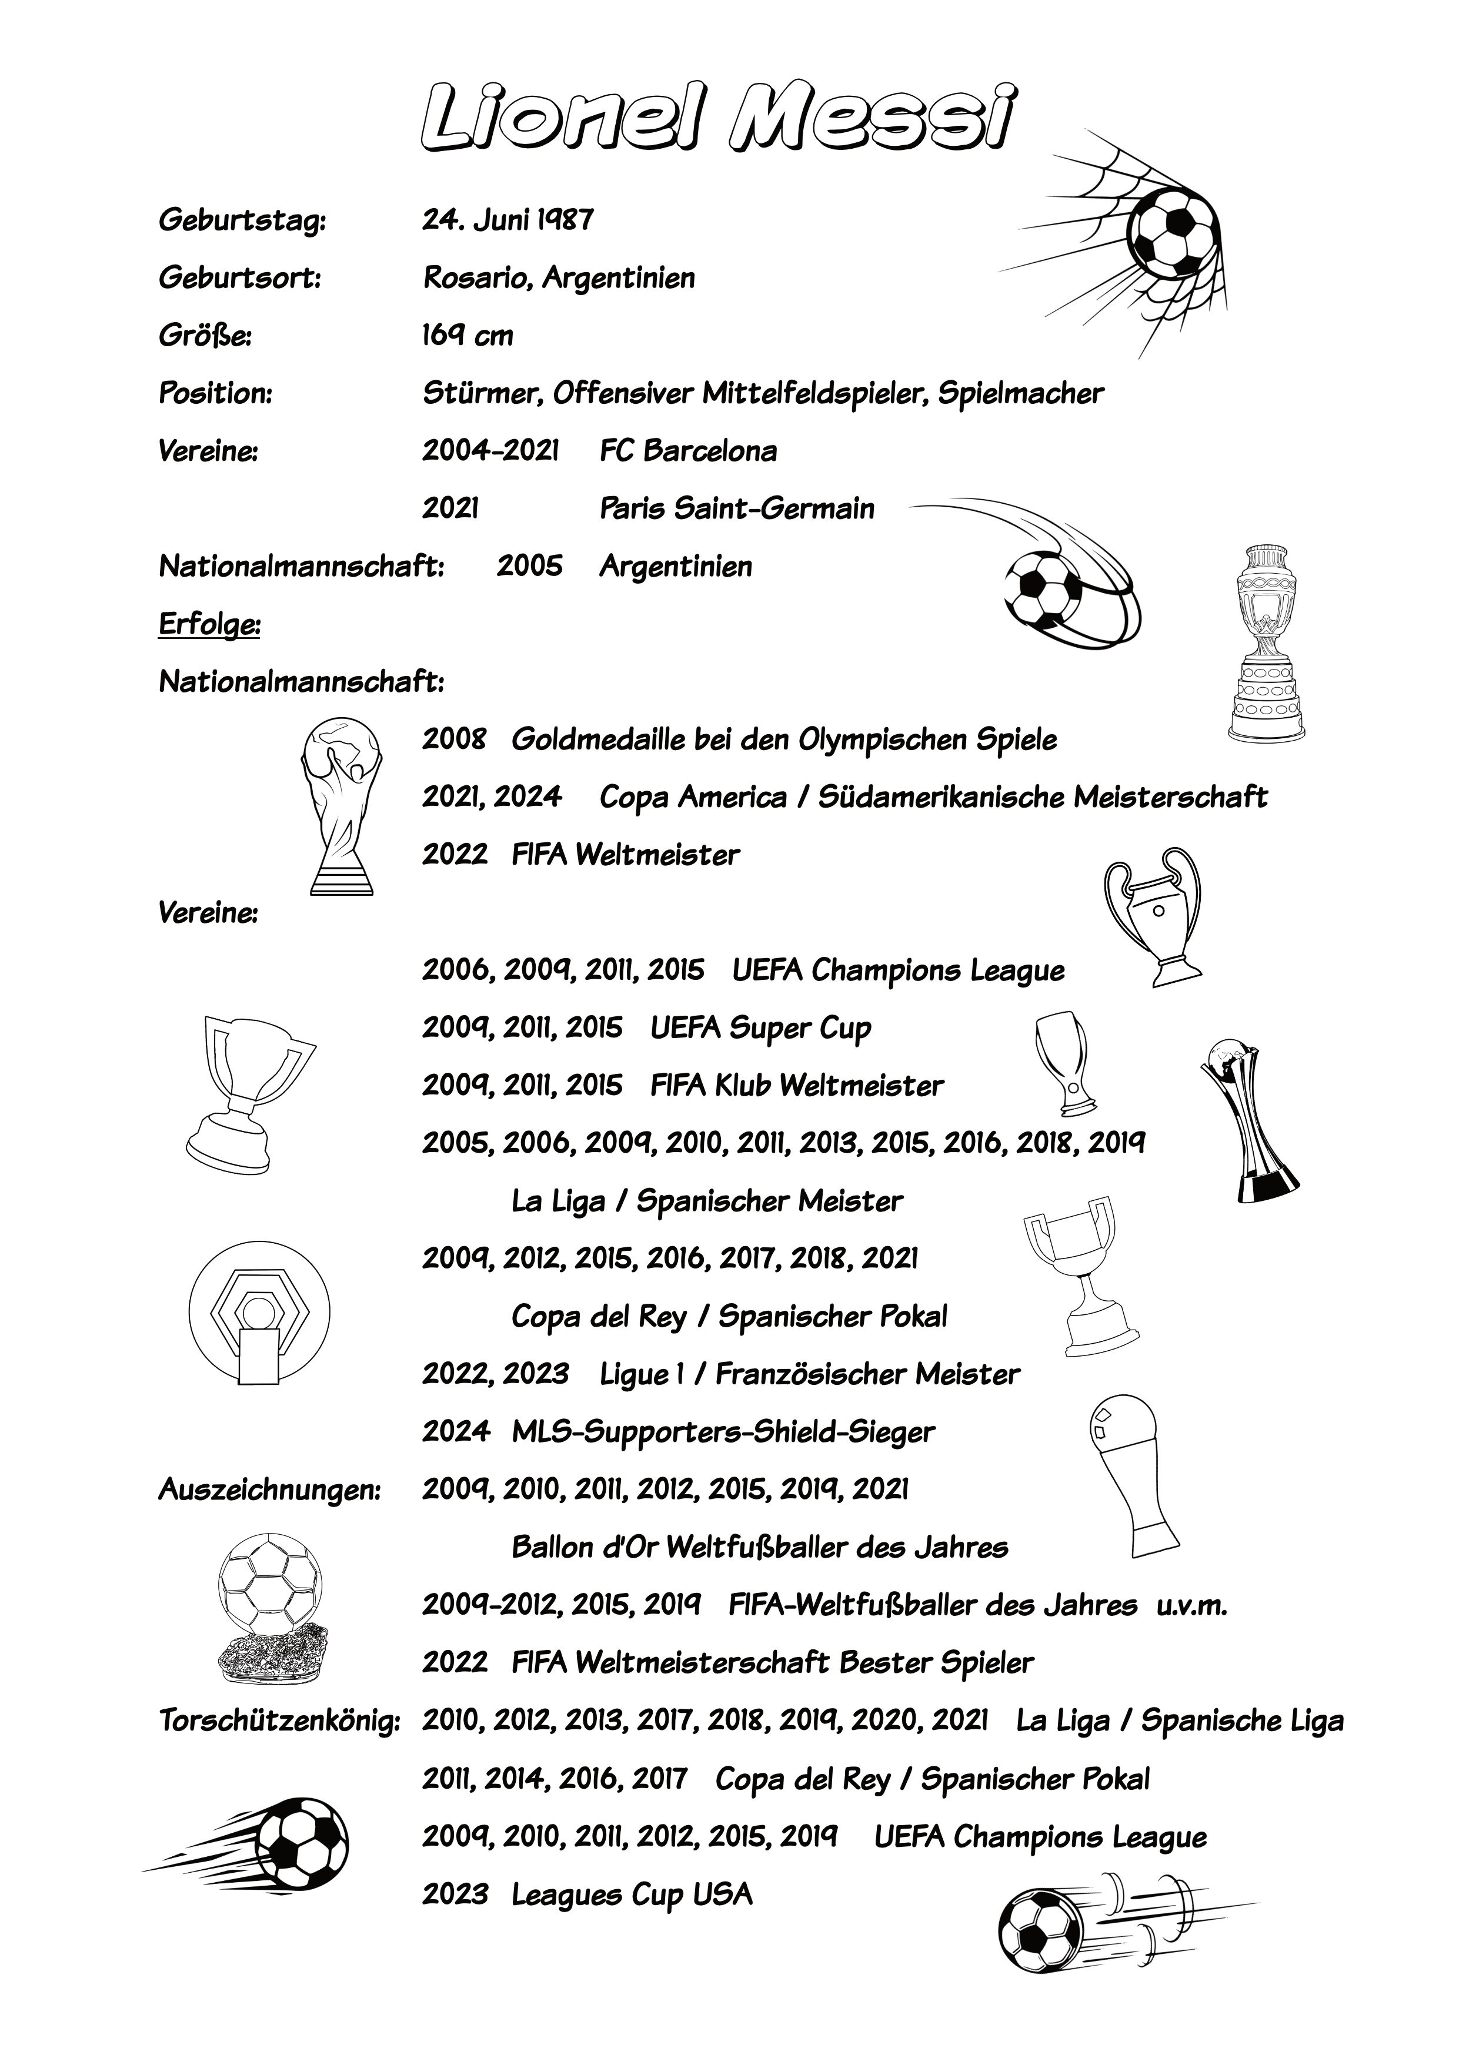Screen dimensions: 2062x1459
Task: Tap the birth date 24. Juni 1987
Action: pos(508,220)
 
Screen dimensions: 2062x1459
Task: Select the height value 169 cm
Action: pos(467,336)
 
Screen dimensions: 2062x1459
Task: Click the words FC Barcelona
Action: pos(688,451)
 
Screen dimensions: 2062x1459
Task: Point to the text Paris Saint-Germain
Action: pos(737,508)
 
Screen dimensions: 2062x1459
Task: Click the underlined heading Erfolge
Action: pos(209,624)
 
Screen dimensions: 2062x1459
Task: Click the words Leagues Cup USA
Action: pos(632,1895)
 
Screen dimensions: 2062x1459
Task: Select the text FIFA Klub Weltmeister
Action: pos(797,1086)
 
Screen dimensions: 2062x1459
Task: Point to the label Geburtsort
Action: pos(240,279)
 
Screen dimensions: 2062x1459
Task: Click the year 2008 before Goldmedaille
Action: pos(455,740)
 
